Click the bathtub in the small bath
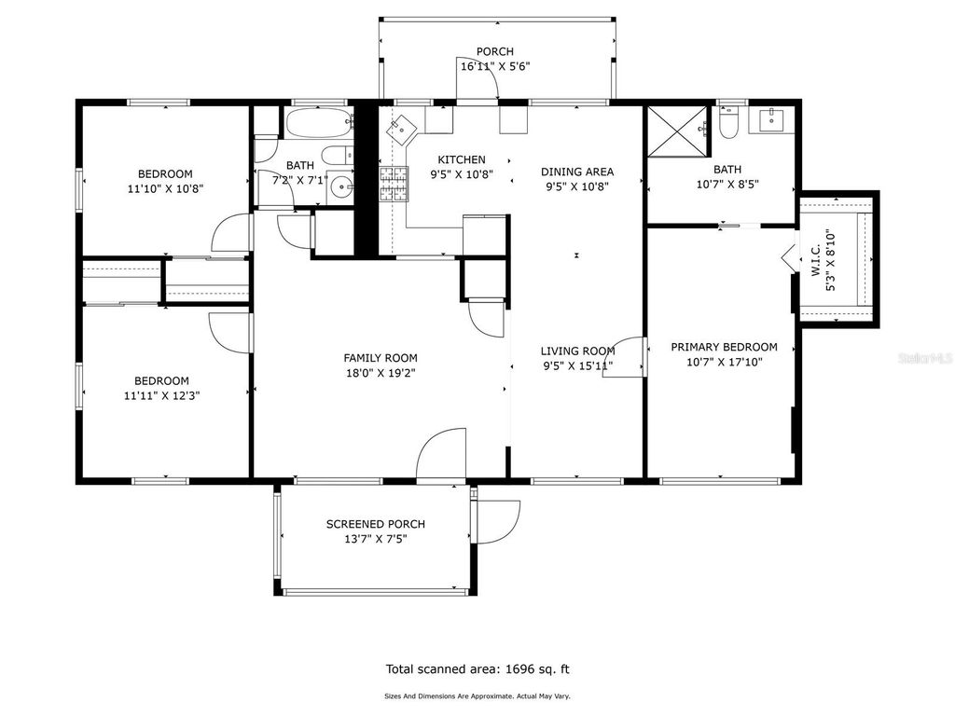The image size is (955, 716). [318, 122]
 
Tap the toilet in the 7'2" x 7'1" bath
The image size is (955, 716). [334, 156]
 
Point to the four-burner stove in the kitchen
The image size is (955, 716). [394, 184]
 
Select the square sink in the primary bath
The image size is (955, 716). [773, 120]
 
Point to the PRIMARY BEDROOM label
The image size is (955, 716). [724, 347]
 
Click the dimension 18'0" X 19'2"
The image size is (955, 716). [381, 372]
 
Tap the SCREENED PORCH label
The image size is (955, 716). [375, 524]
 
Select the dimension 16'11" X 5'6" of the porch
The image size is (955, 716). [495, 66]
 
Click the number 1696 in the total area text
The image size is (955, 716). [521, 668]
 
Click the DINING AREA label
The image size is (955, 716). [577, 172]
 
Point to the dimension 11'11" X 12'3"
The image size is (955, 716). [161, 394]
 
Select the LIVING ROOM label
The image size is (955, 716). [577, 351]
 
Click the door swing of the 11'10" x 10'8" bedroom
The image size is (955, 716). [232, 233]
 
